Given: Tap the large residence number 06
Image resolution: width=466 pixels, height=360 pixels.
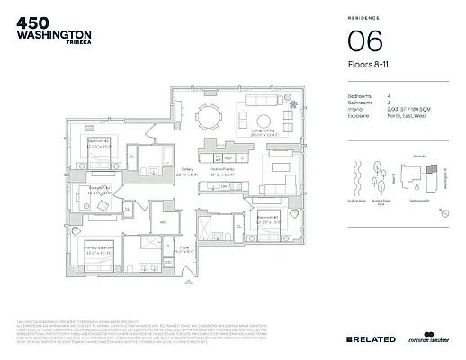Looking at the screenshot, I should pos(365,43).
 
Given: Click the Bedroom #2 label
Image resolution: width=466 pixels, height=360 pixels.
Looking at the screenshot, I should pos(99,143).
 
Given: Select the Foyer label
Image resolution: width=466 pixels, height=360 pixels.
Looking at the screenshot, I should pos(184,251).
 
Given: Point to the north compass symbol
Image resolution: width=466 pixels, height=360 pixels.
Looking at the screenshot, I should pos(443,210).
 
